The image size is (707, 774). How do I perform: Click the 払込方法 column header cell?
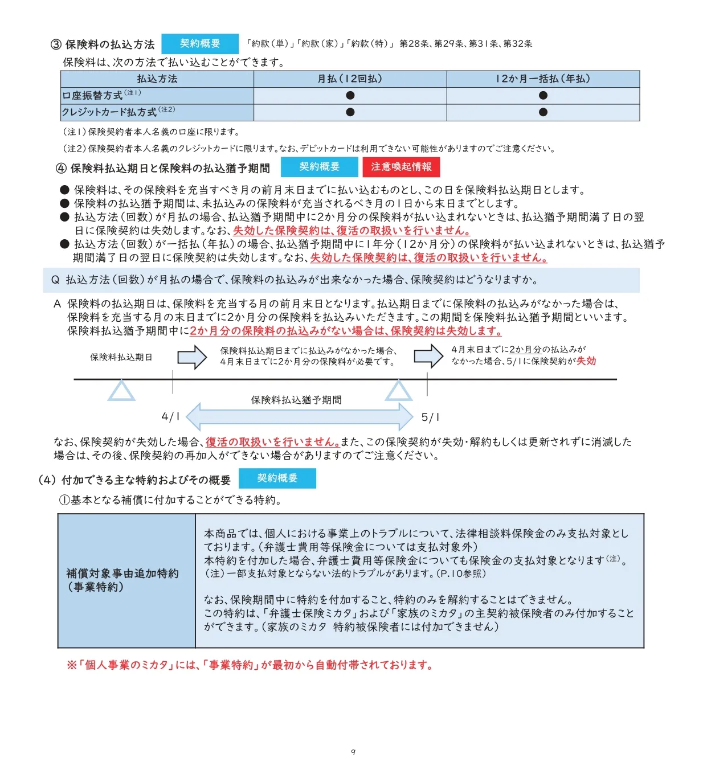[157, 79]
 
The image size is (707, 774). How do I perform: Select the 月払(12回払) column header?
[350, 79]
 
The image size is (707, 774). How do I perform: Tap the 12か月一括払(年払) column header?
[543, 79]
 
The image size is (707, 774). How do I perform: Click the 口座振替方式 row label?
[92, 96]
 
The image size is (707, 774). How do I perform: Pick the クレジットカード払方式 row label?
[109, 112]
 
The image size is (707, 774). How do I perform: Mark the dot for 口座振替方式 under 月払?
[350, 96]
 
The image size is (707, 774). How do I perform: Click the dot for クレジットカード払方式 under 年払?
[543, 112]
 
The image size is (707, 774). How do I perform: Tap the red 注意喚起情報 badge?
[401, 167]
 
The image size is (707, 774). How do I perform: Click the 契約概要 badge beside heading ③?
[199, 44]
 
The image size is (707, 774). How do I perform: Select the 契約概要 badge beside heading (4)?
[277, 478]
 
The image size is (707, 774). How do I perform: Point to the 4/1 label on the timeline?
[170, 417]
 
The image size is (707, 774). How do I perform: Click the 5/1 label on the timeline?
[430, 417]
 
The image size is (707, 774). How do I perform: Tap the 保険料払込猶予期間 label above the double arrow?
[296, 400]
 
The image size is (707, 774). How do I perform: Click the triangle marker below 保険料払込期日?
[121, 391]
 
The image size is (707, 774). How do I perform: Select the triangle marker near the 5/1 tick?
[398, 391]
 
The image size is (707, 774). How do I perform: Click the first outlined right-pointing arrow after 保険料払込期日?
[192, 358]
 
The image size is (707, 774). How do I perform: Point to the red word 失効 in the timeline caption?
[586, 361]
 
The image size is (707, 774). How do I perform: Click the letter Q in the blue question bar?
[55, 280]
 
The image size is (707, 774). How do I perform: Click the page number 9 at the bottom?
[353, 752]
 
